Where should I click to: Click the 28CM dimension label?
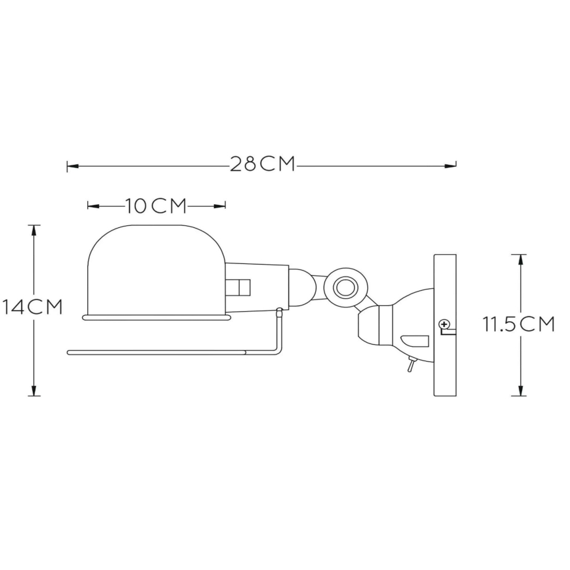262,164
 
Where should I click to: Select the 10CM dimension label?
156,206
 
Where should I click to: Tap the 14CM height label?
32,307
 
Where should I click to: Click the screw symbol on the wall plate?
445,323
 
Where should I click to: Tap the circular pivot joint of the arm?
343,287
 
